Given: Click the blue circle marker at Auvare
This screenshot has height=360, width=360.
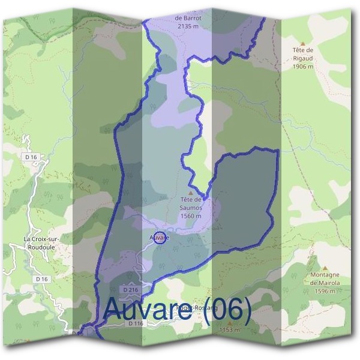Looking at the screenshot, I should (x=159, y=237).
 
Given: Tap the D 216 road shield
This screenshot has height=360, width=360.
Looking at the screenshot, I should (x=131, y=290).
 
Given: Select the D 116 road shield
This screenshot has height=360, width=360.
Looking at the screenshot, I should (x=135, y=323).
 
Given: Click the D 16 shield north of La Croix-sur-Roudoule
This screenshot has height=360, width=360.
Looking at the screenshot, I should (x=32, y=157).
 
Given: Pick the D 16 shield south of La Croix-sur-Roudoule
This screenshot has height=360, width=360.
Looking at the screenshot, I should (x=41, y=279).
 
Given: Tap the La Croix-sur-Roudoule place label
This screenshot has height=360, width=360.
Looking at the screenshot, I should (x=41, y=242).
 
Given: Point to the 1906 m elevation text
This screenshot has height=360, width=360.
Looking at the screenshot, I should (x=303, y=67).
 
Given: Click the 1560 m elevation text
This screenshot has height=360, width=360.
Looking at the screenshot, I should (x=191, y=216).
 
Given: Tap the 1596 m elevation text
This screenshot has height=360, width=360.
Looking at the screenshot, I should (x=325, y=291).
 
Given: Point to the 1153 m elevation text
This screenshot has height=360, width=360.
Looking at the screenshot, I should (x=229, y=329).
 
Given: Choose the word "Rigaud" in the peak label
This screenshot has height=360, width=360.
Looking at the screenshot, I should (x=303, y=59).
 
